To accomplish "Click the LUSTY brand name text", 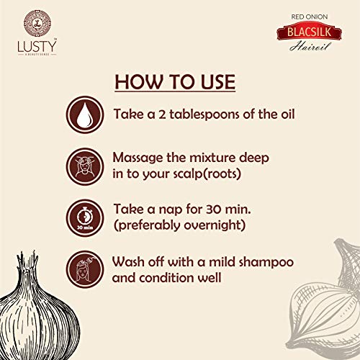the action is tap(37, 46).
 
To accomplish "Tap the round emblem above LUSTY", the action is tap(37, 23).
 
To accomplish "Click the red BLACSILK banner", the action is tap(309, 32).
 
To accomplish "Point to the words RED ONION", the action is tap(310, 17).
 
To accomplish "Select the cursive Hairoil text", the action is tap(310, 46).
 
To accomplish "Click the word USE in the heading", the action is tap(218, 82).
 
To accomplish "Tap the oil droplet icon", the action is tap(85, 114).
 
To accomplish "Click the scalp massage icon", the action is tap(85, 166).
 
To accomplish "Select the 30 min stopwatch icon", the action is tap(85, 218).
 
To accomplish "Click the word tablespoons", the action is tap(204, 114).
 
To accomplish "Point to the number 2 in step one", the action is tap(162, 114).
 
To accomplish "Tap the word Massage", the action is tap(138, 158).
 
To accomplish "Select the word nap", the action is tap(171, 210).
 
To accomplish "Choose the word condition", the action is tap(167, 278).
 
